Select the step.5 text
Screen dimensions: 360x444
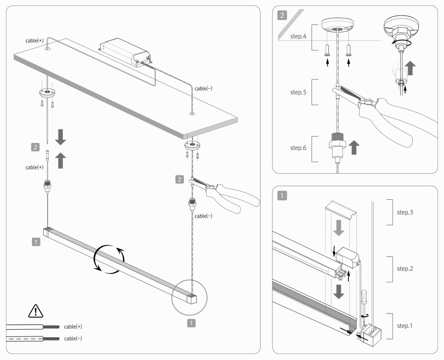click(299, 93)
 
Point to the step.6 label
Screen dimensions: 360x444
click(299, 147)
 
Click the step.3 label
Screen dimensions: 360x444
click(405, 212)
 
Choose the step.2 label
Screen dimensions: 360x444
click(405, 268)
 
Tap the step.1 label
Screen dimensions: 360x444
click(405, 325)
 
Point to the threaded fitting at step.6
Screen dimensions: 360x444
click(336, 146)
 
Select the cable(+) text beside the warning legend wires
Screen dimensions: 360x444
click(73, 327)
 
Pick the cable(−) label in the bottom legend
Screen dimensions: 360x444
click(73, 338)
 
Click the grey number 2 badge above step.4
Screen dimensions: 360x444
click(282, 15)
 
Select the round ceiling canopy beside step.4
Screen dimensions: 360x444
click(337, 25)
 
